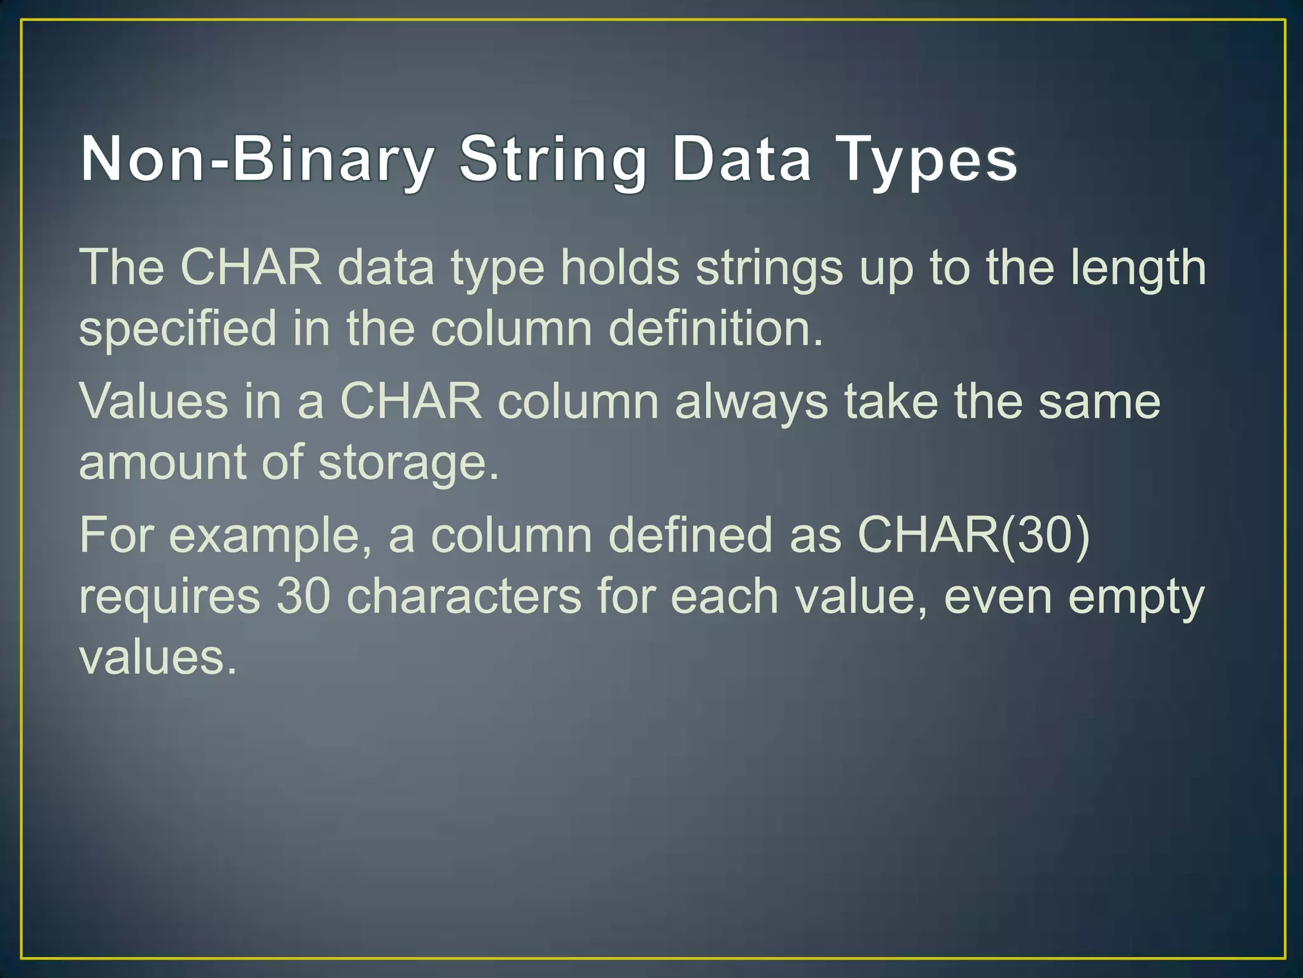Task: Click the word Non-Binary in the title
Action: pos(258,159)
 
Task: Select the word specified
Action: pos(178,329)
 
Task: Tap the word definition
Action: pos(716,327)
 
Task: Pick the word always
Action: pos(751,402)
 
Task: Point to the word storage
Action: pos(408,464)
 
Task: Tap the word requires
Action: pos(169,597)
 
